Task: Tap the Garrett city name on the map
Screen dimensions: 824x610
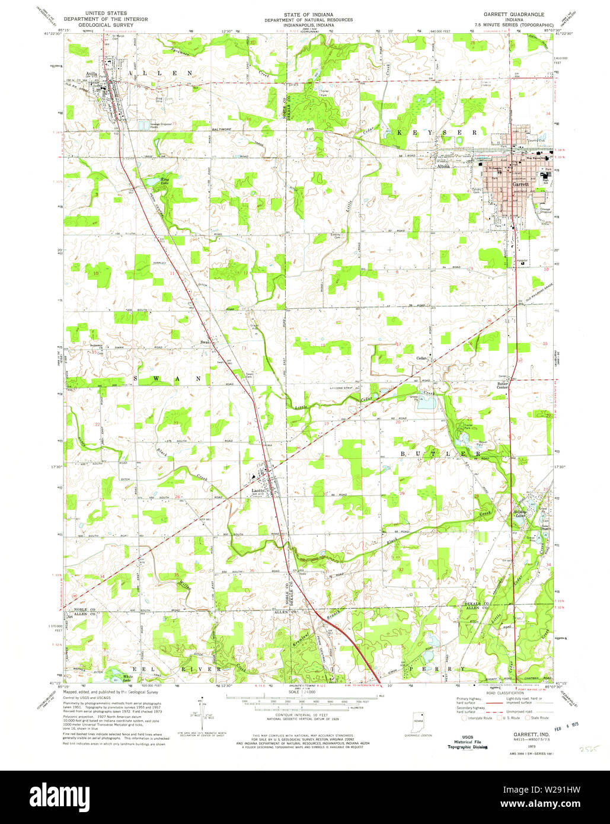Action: (x=520, y=184)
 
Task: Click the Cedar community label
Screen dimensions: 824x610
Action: (x=421, y=358)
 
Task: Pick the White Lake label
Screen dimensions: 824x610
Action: (x=127, y=678)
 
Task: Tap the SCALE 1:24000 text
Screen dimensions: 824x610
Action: (x=301, y=692)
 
